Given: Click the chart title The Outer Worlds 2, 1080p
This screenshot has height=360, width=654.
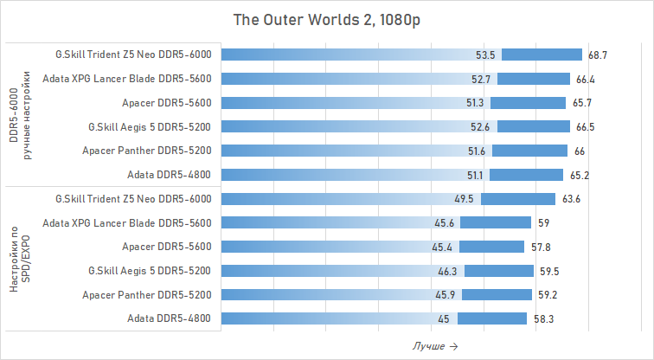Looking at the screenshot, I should pos(326,19).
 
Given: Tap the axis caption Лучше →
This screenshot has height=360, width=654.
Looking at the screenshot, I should pos(434,346).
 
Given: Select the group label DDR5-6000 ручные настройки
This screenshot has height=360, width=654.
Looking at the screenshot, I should pos(20,114).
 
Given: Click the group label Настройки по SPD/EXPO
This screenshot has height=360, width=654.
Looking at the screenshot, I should pos(20,259).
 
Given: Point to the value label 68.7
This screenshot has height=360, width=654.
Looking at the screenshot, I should pos(598,55).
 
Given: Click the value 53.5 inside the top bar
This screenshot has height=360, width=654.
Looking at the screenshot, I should pos(485,55).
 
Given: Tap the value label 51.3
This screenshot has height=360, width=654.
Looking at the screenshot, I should pos(475,103).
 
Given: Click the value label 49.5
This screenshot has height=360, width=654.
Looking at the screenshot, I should pos(465,199).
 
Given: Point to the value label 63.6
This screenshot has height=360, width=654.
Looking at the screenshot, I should pos(571,199).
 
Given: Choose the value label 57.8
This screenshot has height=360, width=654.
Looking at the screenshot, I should pos(541,247).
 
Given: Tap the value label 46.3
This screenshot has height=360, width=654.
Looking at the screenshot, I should pos(447,271).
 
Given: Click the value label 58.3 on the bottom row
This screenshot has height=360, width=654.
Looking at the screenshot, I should pos(543,319).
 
